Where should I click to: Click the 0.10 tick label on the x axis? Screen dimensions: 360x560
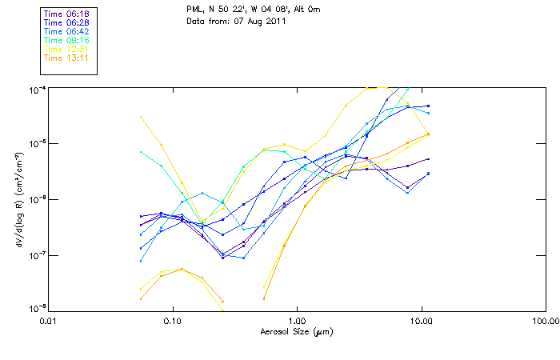click(x=173, y=321)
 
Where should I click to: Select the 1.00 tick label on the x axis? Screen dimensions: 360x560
click(x=297, y=321)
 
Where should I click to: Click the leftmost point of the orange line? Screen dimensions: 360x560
click(x=141, y=298)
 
